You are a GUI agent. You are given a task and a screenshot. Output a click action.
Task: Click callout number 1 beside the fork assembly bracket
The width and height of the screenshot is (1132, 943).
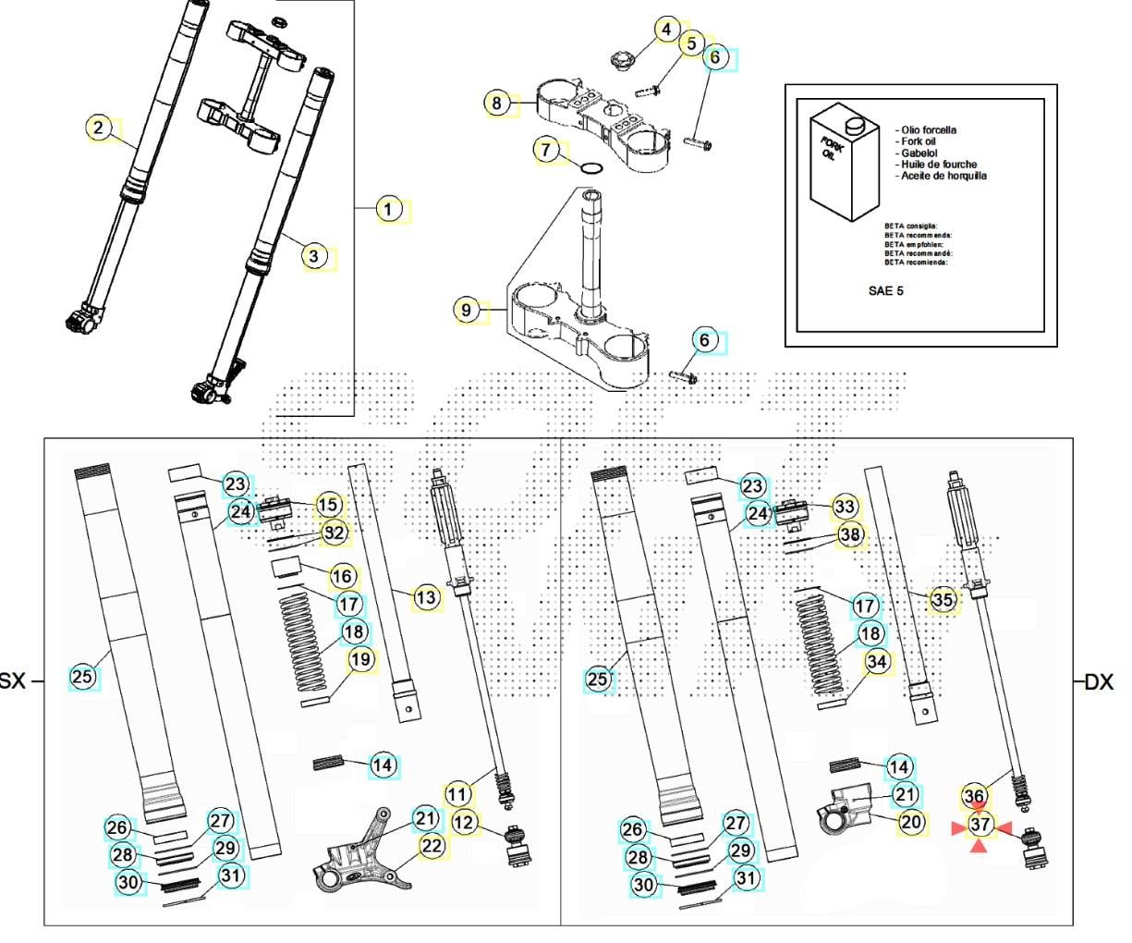[x=389, y=210]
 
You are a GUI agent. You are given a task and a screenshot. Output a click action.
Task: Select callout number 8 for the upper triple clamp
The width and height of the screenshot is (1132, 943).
[x=497, y=103]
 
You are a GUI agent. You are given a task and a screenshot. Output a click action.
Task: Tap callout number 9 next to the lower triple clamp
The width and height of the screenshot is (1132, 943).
[x=467, y=310]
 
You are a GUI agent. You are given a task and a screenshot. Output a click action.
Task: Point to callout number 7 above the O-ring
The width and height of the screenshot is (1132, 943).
[x=546, y=149]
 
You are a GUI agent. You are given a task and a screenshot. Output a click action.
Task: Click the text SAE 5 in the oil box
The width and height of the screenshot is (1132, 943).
[x=884, y=290]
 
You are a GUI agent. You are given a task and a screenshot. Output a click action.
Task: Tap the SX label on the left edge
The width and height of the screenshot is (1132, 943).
[x=12, y=682]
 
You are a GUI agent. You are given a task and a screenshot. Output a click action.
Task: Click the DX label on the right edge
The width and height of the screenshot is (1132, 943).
[x=1099, y=682]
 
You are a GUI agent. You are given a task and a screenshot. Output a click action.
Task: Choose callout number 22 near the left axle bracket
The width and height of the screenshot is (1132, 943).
[x=432, y=846]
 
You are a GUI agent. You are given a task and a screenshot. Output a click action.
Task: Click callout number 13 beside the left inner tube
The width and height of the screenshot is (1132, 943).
[x=425, y=598]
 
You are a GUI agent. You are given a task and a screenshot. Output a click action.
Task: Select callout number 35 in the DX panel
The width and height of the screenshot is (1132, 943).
[x=942, y=600]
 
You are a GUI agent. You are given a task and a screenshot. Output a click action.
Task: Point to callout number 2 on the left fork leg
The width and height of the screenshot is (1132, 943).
[x=99, y=128]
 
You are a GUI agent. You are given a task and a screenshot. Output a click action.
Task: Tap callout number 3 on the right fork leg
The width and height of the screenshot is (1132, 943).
[x=314, y=256]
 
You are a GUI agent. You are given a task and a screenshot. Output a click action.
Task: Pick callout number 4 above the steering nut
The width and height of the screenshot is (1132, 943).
[x=667, y=31]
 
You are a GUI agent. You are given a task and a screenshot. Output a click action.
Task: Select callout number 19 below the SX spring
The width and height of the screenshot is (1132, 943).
[x=360, y=660]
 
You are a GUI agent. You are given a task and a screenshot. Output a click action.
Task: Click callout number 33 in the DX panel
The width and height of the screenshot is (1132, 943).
[x=844, y=507]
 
